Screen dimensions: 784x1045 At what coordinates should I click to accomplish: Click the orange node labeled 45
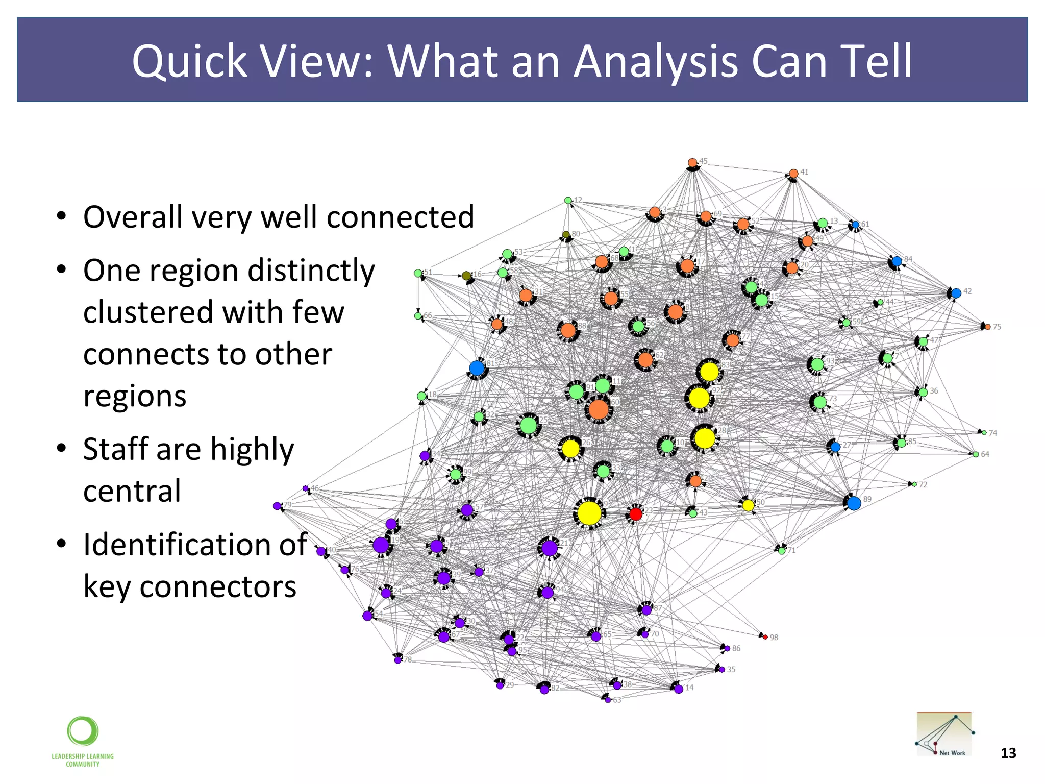pyautogui.click(x=692, y=163)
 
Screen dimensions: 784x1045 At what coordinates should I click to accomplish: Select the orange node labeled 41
pyautogui.click(x=793, y=174)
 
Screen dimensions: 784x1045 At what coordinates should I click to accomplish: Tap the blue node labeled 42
pyautogui.click(x=956, y=293)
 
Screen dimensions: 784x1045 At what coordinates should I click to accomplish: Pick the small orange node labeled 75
pyautogui.click(x=987, y=327)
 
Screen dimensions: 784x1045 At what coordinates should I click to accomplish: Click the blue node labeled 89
pyautogui.click(x=854, y=503)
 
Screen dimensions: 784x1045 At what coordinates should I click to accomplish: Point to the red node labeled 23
pyautogui.click(x=635, y=514)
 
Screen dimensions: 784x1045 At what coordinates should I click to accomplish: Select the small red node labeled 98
pyautogui.click(x=765, y=637)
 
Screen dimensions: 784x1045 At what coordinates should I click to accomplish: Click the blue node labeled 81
pyautogui.click(x=477, y=368)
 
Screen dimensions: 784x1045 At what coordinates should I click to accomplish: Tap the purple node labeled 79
pyautogui.click(x=277, y=506)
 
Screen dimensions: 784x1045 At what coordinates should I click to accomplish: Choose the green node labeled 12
pyautogui.click(x=568, y=201)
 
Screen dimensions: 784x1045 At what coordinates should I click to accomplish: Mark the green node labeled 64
pyautogui.click(x=976, y=454)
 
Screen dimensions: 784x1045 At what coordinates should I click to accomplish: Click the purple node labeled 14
pyautogui.click(x=679, y=689)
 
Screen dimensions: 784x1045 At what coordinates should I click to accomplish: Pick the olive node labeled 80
pyautogui.click(x=566, y=235)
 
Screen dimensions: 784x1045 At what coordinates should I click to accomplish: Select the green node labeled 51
pyautogui.click(x=418, y=273)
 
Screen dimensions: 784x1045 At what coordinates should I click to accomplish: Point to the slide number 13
pyautogui.click(x=1008, y=753)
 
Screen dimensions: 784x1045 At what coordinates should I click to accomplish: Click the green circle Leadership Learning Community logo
pyautogui.click(x=83, y=731)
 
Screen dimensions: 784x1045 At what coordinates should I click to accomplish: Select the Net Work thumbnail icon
pyautogui.click(x=944, y=733)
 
